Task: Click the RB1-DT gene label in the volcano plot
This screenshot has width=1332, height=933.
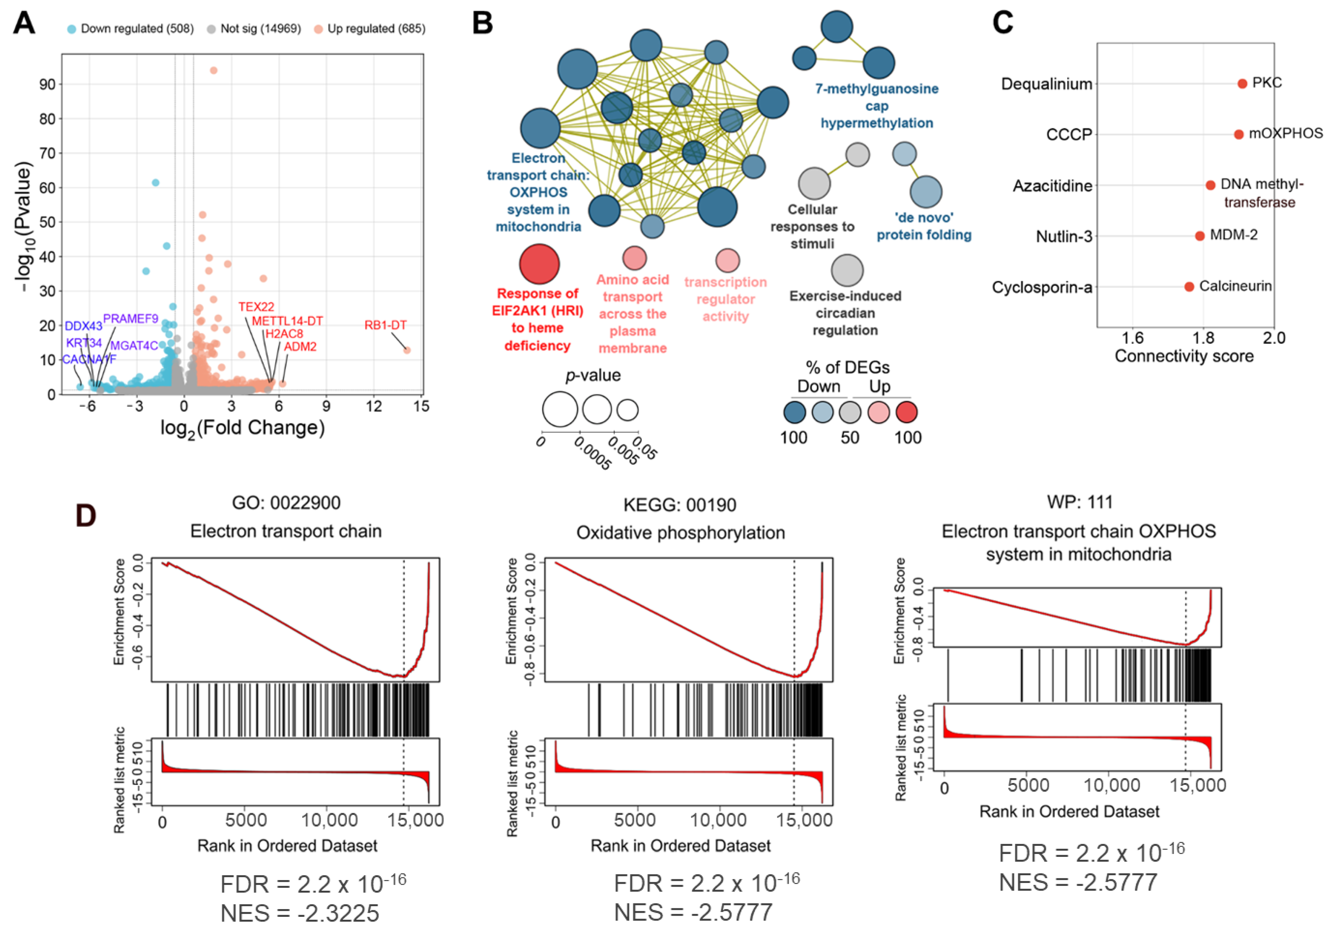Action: click(385, 325)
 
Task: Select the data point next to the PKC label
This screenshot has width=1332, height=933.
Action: click(1242, 83)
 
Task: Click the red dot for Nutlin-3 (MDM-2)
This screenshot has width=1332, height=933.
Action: click(1200, 236)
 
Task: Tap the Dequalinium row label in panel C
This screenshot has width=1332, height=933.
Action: click(1047, 84)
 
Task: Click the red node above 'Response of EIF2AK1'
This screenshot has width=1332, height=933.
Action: click(539, 264)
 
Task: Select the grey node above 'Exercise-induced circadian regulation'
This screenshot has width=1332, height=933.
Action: click(847, 270)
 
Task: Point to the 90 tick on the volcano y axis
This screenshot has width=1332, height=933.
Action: click(47, 84)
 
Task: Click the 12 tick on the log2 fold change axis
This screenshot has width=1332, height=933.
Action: click(374, 406)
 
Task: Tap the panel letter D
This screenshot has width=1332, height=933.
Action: click(86, 515)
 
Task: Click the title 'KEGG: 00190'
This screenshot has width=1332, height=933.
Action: click(680, 505)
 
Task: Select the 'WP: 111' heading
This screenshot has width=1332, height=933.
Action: click(1080, 502)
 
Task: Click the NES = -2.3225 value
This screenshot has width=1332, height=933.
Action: click(300, 913)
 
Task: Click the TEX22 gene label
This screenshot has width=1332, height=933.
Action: click(256, 306)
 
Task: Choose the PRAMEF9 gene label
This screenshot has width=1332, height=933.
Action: click(131, 318)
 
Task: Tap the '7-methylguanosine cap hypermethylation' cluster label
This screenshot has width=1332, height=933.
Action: click(877, 106)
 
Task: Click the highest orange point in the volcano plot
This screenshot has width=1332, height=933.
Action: click(214, 70)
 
